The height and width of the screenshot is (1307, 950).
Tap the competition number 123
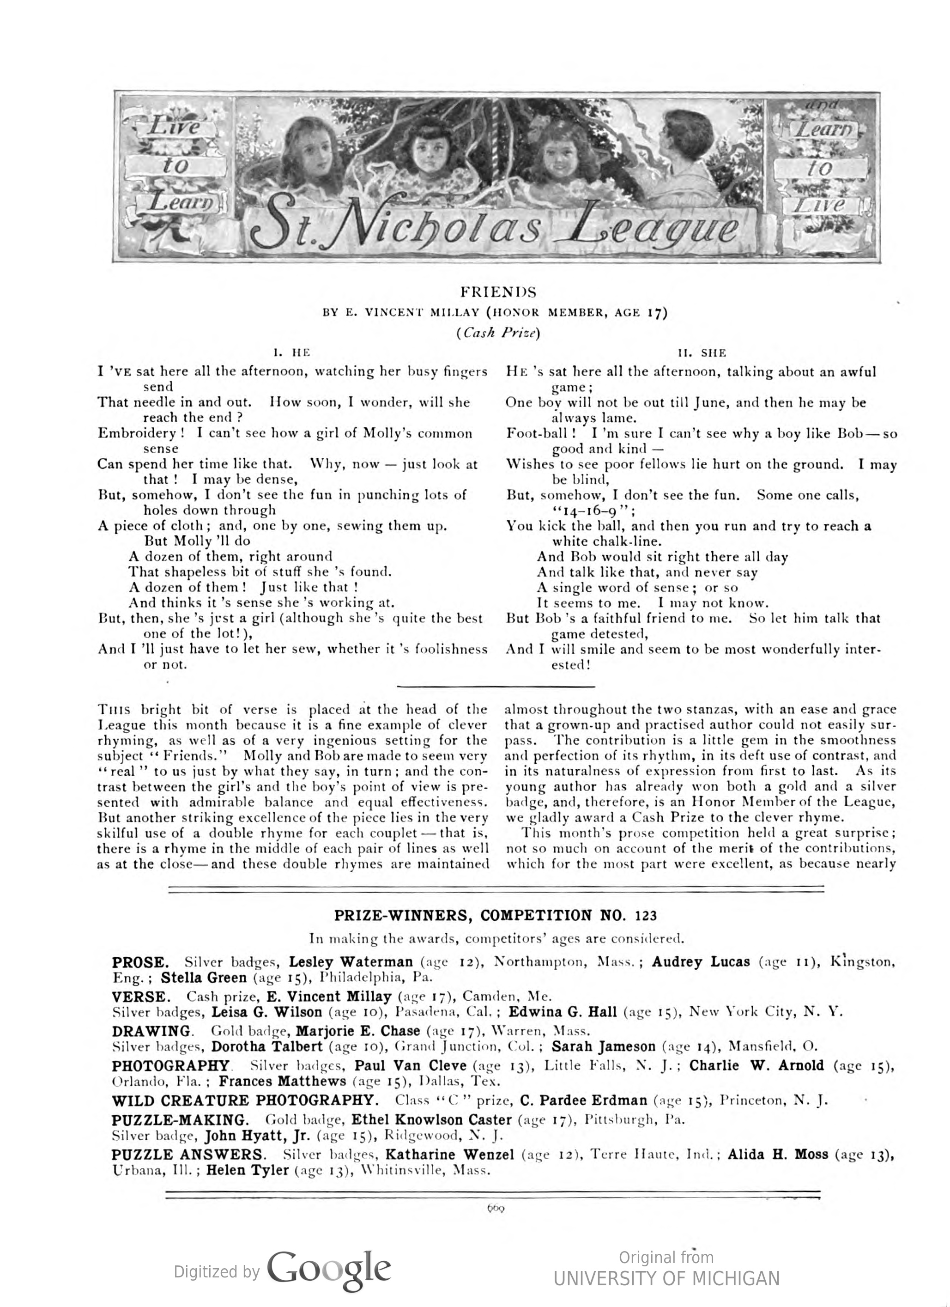click(x=645, y=916)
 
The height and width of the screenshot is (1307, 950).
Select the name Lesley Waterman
click(x=351, y=962)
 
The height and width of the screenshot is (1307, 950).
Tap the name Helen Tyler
click(x=247, y=1170)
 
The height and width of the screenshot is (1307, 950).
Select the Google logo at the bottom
click(x=329, y=1270)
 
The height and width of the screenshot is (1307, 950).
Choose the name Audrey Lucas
click(x=701, y=962)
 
